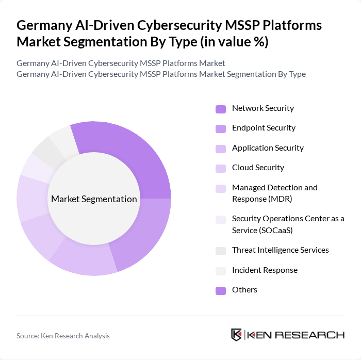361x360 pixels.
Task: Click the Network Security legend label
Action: coord(262,108)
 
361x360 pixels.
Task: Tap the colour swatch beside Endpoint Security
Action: coord(221,128)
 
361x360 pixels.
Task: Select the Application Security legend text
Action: coord(268,148)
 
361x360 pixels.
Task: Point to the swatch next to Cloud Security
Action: coord(221,168)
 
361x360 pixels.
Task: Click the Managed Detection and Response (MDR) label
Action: coord(274,192)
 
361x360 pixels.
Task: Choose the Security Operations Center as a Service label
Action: coord(288,224)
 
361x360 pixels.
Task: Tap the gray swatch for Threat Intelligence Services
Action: coord(221,251)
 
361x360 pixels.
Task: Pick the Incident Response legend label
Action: coord(265,270)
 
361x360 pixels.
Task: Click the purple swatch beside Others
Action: coord(221,290)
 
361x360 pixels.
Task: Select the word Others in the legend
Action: coord(244,290)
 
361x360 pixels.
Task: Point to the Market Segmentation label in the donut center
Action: coord(94,199)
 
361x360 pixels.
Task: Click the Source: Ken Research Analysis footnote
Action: coord(63,336)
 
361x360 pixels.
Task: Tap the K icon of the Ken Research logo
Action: coord(237,335)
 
